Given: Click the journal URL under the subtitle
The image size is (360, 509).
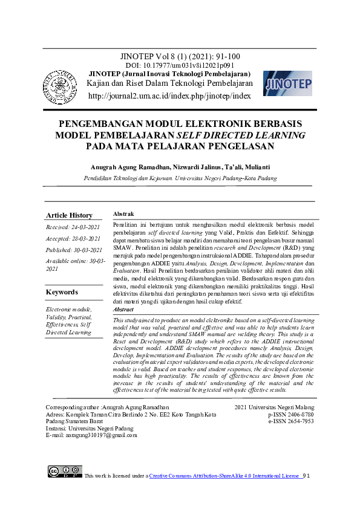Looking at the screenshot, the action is [169, 96].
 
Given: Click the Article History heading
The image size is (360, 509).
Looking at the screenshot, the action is [70, 215].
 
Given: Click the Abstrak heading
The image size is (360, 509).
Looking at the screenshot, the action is [123, 214].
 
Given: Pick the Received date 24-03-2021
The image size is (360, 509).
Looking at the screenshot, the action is [73, 228].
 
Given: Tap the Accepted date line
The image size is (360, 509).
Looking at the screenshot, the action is [73, 239].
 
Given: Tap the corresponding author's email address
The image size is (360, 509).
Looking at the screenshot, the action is [91, 435].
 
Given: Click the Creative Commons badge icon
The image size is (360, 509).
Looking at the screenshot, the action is [65, 472].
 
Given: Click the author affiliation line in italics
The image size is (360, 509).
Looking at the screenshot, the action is [180, 178].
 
